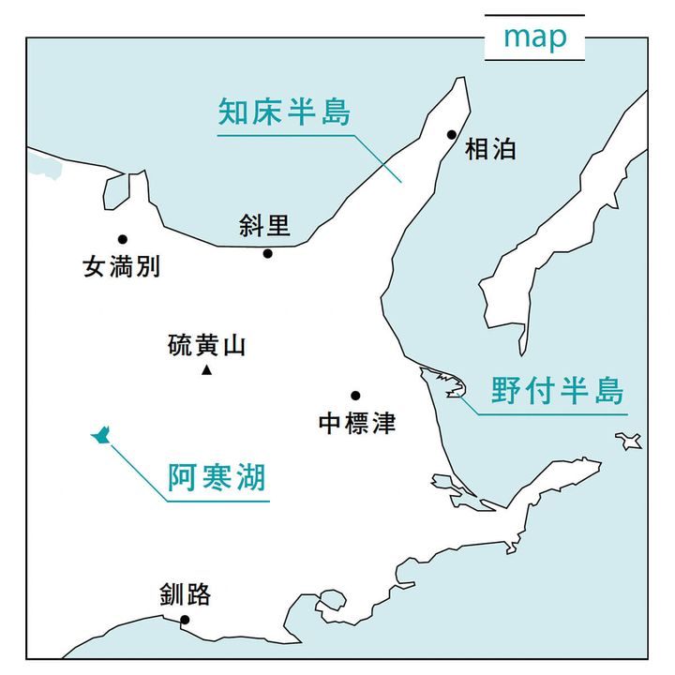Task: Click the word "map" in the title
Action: pos(534,37)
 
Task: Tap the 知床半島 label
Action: pos(284,112)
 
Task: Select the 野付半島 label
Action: pos(557,390)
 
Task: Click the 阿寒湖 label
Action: pos(217,478)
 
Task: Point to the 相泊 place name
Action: pos(490,149)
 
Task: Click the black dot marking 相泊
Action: pos(452,134)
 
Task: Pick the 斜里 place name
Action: pos(264,226)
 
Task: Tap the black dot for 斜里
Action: pos(267,253)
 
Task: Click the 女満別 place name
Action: pos(122,267)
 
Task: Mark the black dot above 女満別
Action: pos(122,239)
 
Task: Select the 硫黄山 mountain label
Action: pos(206,345)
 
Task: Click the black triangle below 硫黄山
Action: pos(206,371)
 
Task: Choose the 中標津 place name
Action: pos(356,424)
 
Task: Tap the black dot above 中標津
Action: pos(355,396)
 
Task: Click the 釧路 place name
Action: pos(185,594)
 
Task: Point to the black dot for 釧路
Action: pos(185,620)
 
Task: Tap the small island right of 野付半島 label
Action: pos(629,440)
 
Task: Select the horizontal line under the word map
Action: pos(534,60)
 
